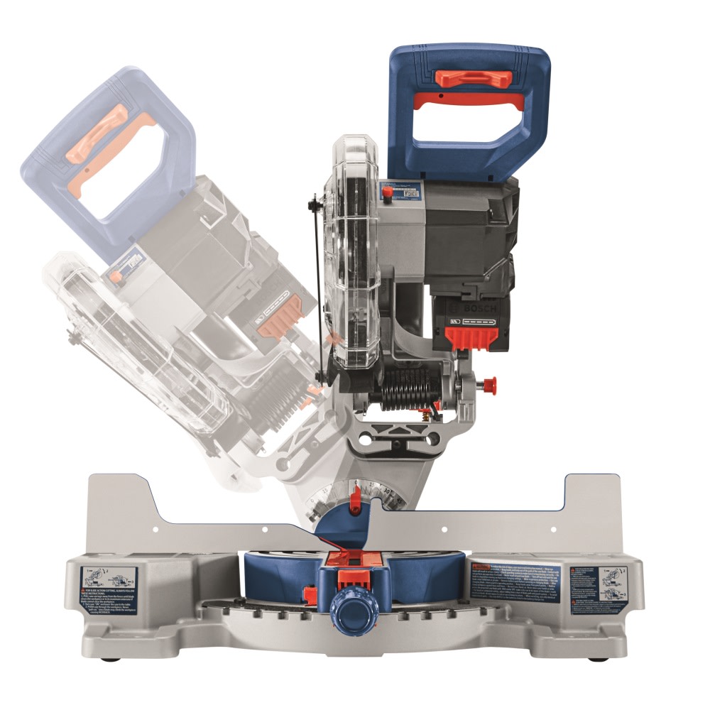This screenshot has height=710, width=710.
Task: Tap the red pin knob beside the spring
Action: (488, 385)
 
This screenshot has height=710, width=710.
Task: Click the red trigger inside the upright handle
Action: (469, 100)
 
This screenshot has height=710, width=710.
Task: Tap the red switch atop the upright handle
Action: (472, 77)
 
